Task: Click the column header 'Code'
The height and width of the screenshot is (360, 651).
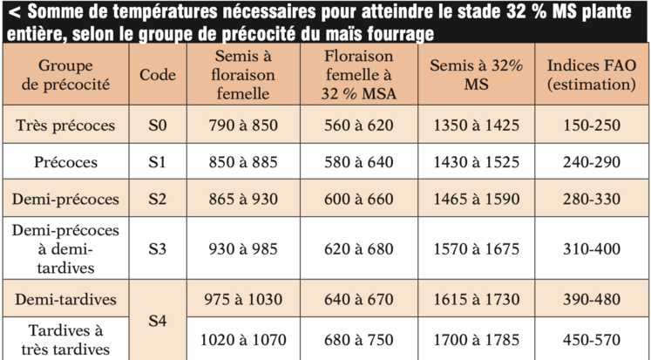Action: click(x=157, y=74)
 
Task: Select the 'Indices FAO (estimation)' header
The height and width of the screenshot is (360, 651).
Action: click(x=591, y=75)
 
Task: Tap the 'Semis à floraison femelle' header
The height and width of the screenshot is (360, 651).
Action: click(x=244, y=75)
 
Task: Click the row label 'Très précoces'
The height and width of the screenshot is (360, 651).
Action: click(x=65, y=126)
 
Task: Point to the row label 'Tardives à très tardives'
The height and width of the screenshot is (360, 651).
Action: click(x=65, y=340)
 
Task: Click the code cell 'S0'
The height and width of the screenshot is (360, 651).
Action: click(x=157, y=126)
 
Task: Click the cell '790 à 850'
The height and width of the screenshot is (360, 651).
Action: click(x=244, y=126)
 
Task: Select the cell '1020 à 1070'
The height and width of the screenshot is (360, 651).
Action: click(x=244, y=340)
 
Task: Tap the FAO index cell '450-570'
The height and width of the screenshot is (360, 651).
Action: click(x=591, y=340)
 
